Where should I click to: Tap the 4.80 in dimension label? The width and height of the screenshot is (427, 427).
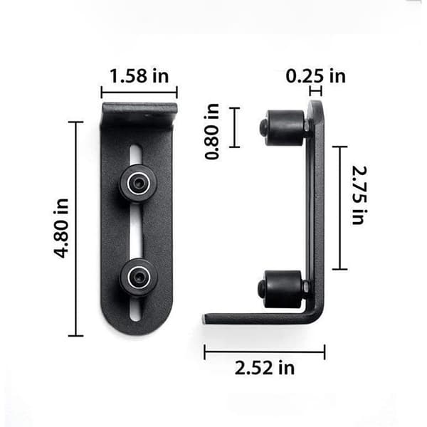[x=61, y=228]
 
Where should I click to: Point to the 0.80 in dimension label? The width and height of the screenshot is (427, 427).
[x=212, y=131]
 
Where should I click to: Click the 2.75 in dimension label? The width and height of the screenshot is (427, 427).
[x=359, y=195]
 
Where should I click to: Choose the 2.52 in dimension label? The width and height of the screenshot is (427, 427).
[x=265, y=368]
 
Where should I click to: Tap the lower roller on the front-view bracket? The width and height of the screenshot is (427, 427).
[x=139, y=278]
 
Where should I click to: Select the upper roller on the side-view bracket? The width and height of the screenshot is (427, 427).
[x=283, y=127]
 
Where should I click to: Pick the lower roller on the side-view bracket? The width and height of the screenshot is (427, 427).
[x=282, y=289]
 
